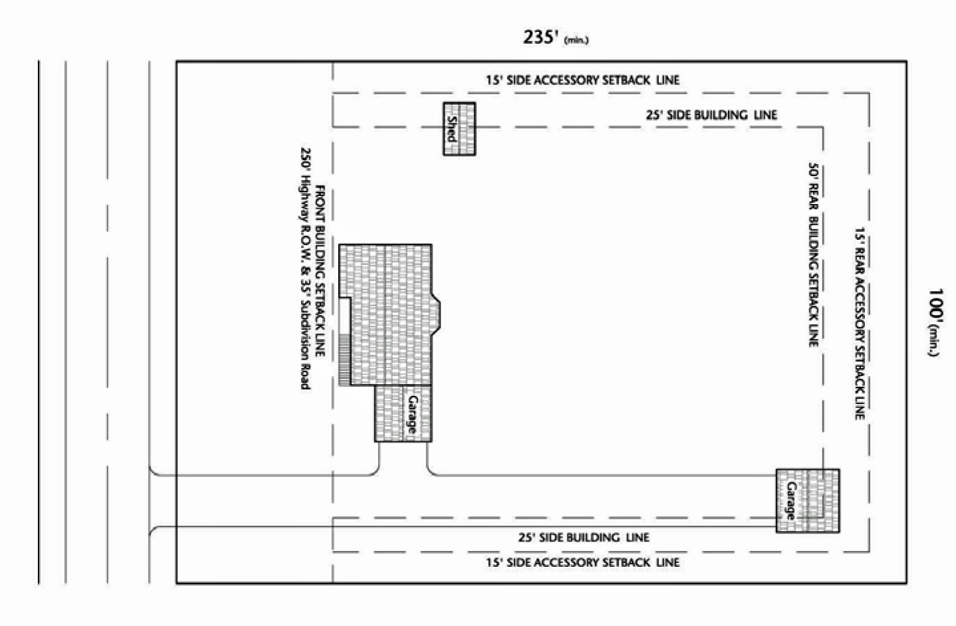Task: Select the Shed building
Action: [x=459, y=129]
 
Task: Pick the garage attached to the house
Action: [x=403, y=413]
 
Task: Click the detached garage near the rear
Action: [x=807, y=501]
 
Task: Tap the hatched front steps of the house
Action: [x=344, y=360]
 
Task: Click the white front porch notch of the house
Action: [x=344, y=316]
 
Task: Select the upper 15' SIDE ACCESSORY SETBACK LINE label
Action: [x=583, y=80]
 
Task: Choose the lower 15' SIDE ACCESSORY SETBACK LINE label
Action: [x=583, y=562]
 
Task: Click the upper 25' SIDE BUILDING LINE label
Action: [x=712, y=115]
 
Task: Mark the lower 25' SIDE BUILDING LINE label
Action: [x=584, y=537]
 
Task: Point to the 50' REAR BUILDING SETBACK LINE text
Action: [x=814, y=255]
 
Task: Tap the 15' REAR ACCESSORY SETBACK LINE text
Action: [x=860, y=323]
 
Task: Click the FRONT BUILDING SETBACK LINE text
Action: [x=320, y=270]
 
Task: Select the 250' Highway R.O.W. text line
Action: [x=305, y=268]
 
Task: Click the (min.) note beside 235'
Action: [x=577, y=41]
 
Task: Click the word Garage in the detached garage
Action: [x=791, y=501]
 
